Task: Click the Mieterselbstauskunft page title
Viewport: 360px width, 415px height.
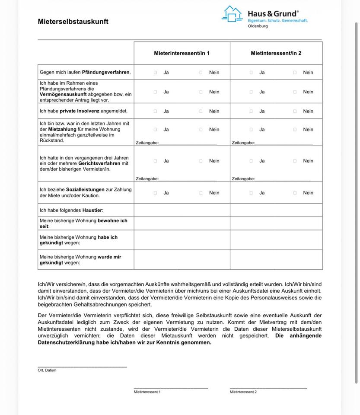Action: (x=73, y=22)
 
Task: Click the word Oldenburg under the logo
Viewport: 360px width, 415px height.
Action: (x=258, y=26)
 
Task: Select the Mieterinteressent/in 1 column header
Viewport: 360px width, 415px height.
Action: (x=182, y=53)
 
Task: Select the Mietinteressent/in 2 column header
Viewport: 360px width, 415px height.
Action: (x=276, y=53)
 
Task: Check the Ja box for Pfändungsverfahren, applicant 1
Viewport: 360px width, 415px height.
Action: (x=155, y=73)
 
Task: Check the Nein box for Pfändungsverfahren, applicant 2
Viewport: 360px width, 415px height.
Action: (x=295, y=73)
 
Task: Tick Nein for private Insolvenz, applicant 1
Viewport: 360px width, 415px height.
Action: (x=201, y=111)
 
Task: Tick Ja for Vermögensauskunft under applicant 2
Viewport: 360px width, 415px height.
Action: (x=251, y=92)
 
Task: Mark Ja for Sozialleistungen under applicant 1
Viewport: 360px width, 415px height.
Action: (x=155, y=193)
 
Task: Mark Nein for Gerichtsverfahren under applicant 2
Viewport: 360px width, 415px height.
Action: (x=295, y=161)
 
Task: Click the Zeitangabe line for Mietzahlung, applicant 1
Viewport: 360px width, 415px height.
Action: (x=188, y=144)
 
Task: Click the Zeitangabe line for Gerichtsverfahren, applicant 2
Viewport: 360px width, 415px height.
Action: (x=283, y=179)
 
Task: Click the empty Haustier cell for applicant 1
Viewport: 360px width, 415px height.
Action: (x=182, y=210)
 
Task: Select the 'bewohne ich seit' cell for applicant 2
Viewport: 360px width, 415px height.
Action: (x=276, y=223)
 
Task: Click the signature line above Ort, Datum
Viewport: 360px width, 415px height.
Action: (x=82, y=367)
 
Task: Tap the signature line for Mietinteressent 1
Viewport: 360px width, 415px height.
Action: (x=171, y=388)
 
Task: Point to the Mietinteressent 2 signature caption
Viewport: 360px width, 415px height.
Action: (x=243, y=392)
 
